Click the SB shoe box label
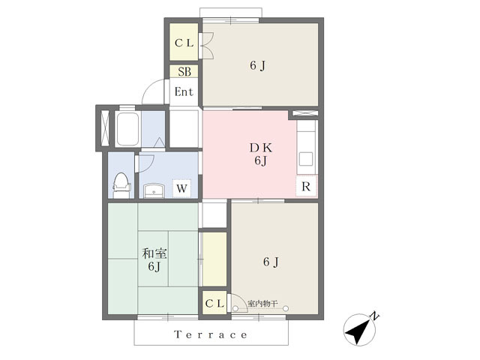click(184, 72)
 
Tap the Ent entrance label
click(184, 91)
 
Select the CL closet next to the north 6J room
click(184, 42)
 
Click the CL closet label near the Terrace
click(215, 303)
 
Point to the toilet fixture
click(121, 185)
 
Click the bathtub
click(127, 129)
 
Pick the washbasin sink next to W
click(154, 190)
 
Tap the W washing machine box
click(181, 188)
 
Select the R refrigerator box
click(306, 186)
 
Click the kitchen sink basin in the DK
click(306, 159)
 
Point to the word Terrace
click(211, 334)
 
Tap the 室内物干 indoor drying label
click(262, 304)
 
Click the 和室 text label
click(154, 253)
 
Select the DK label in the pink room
click(261, 148)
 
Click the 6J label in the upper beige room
click(258, 65)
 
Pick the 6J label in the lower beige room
click(271, 262)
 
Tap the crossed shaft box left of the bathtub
click(105, 128)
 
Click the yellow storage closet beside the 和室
click(214, 259)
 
